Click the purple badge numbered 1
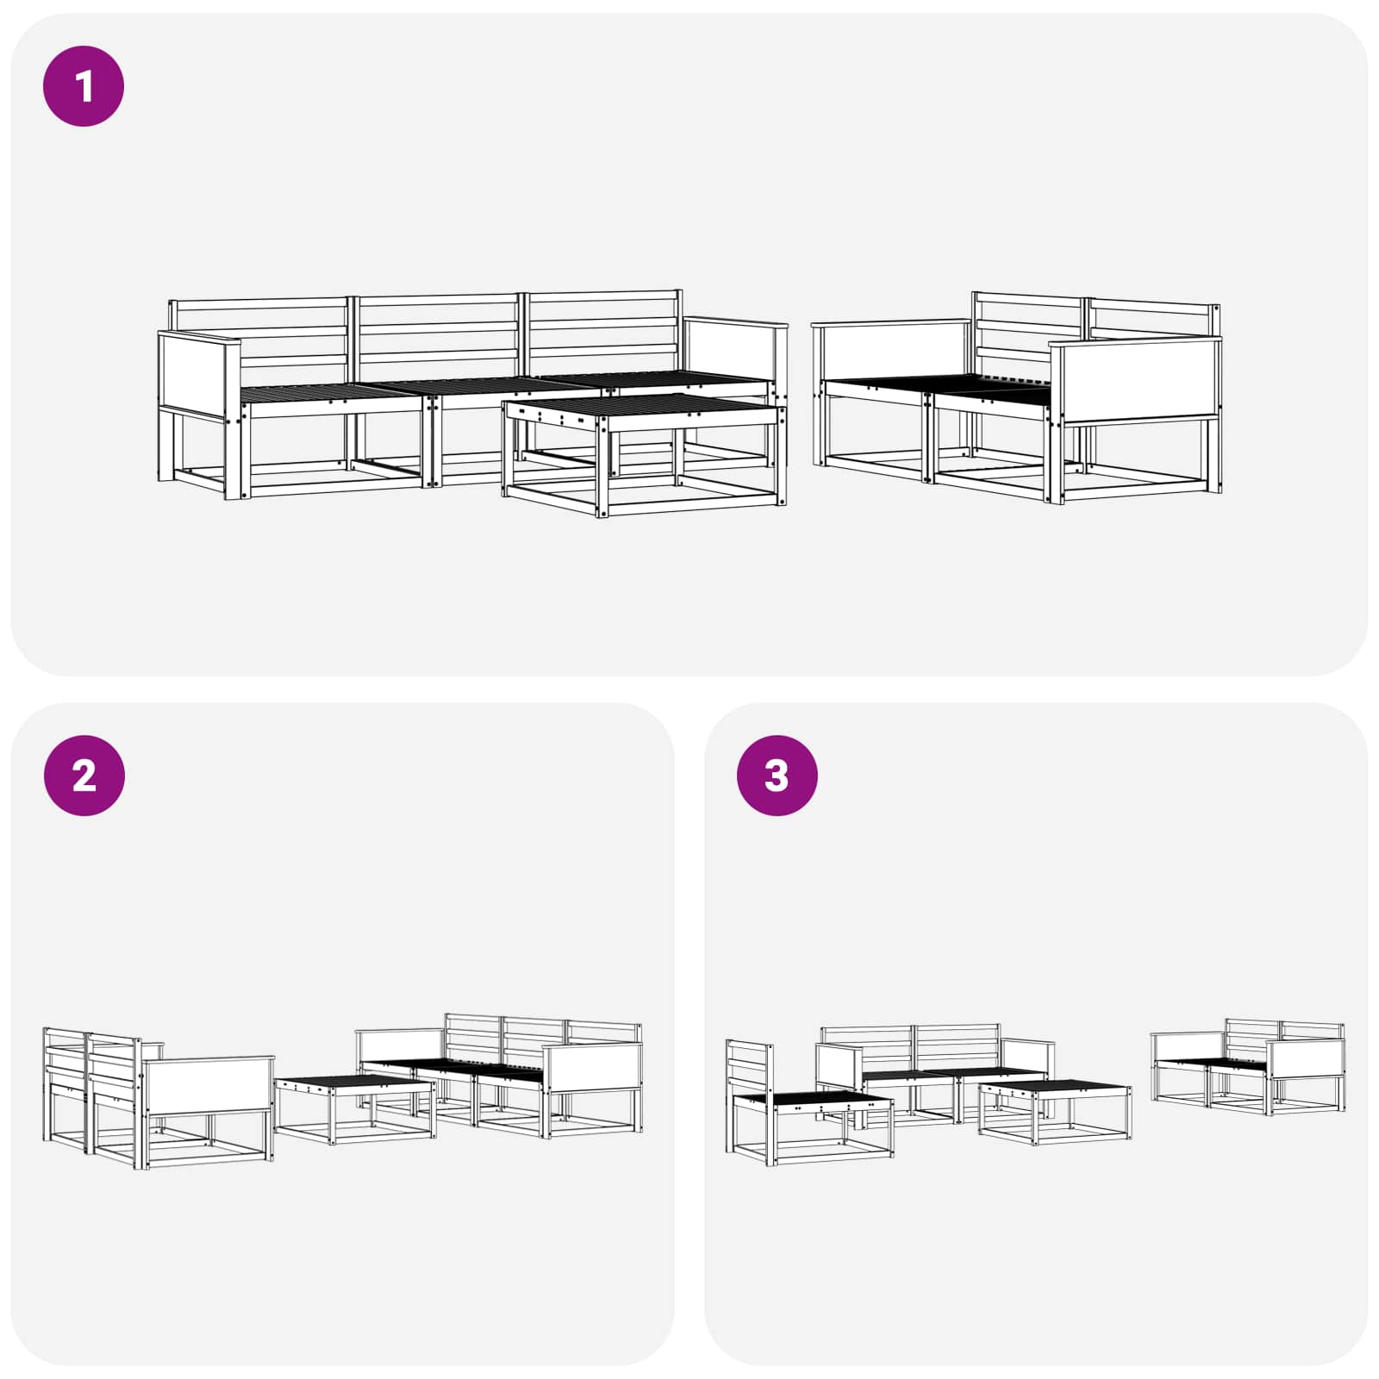click(x=84, y=87)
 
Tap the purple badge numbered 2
click(x=84, y=776)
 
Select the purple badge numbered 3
click(x=777, y=776)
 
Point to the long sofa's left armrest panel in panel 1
click(x=198, y=371)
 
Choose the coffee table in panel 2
click(x=354, y=1108)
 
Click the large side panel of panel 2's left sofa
click(x=209, y=1087)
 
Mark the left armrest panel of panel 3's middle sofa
click(x=839, y=1067)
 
